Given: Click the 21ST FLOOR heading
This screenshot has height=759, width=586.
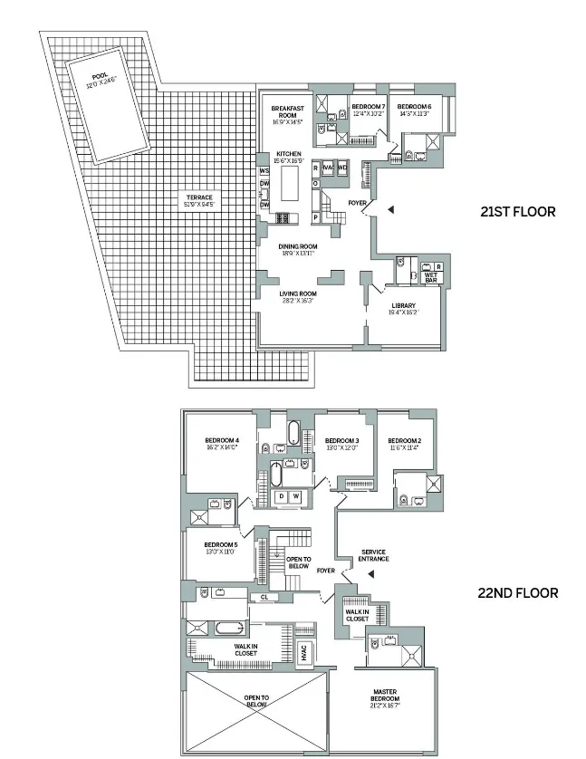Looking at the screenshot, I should point(517,212).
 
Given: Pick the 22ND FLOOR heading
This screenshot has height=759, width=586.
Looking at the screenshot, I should point(517,594).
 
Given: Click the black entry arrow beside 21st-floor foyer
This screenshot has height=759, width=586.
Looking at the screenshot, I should point(390,209).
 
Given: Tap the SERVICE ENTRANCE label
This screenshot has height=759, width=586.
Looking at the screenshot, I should point(374,555).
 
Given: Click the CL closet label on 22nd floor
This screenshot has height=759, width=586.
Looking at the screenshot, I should point(264,597).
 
